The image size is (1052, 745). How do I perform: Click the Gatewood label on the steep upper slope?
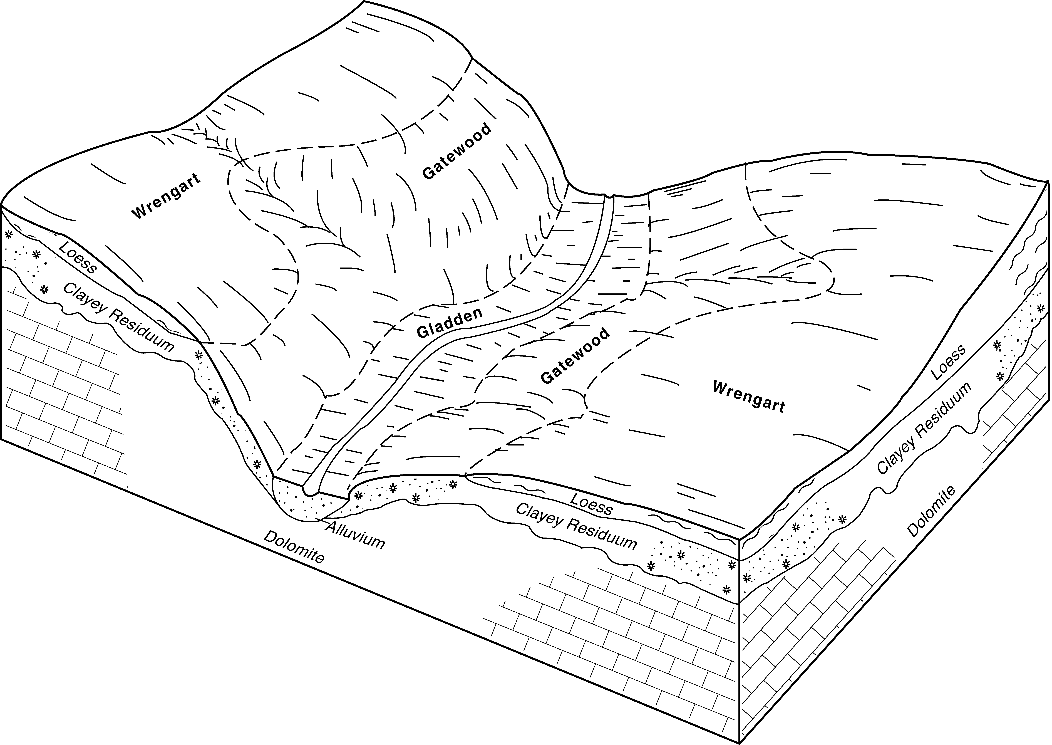pyautogui.click(x=457, y=151)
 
